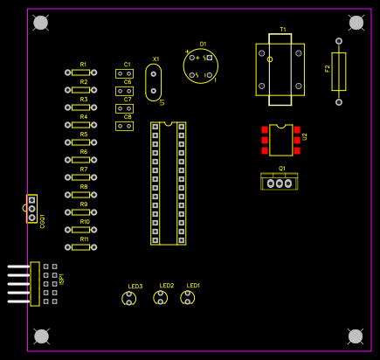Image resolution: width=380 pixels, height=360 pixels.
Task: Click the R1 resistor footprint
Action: pyautogui.click(x=81, y=73)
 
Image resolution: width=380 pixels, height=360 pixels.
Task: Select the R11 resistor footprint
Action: pyautogui.click(x=81, y=247)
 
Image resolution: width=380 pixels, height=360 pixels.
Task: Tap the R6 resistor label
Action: pyautogui.click(x=84, y=152)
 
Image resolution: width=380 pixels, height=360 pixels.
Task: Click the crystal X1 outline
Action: pyautogui.click(x=154, y=81)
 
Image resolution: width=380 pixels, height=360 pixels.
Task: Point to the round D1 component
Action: pyautogui.click(x=200, y=66)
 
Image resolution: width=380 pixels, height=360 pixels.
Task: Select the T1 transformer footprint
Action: pyautogui.click(x=280, y=69)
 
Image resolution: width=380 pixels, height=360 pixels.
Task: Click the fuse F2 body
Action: pyautogui.click(x=339, y=71)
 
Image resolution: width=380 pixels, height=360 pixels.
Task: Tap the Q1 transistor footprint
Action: pyautogui.click(x=279, y=182)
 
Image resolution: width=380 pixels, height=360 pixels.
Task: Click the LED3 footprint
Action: pyautogui.click(x=129, y=299)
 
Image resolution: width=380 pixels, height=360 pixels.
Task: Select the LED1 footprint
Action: pyautogui.click(x=187, y=298)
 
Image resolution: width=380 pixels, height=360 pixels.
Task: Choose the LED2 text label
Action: pyautogui.click(x=166, y=286)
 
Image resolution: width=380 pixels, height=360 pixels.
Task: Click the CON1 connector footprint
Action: pyautogui.click(x=31, y=209)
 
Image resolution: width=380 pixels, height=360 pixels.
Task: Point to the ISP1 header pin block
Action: pyautogui.click(x=45, y=283)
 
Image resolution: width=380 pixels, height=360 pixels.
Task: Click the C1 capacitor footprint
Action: pyautogui.click(x=124, y=73)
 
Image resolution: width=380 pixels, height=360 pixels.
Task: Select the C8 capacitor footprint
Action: pyautogui.click(x=124, y=126)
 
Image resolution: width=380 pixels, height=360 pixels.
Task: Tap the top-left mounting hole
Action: pyautogui.click(x=40, y=22)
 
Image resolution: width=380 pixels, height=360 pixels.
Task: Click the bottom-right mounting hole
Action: pyautogui.click(x=355, y=336)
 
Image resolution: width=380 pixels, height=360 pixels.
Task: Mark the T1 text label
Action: pyautogui.click(x=282, y=30)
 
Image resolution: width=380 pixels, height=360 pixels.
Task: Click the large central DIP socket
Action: pyautogui.click(x=169, y=183)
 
